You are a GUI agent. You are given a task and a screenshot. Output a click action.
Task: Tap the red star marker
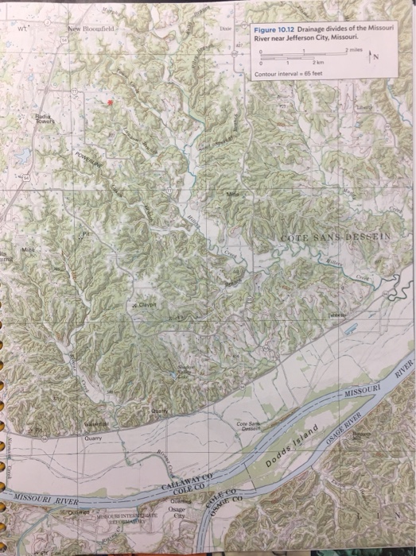pos(111,103)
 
